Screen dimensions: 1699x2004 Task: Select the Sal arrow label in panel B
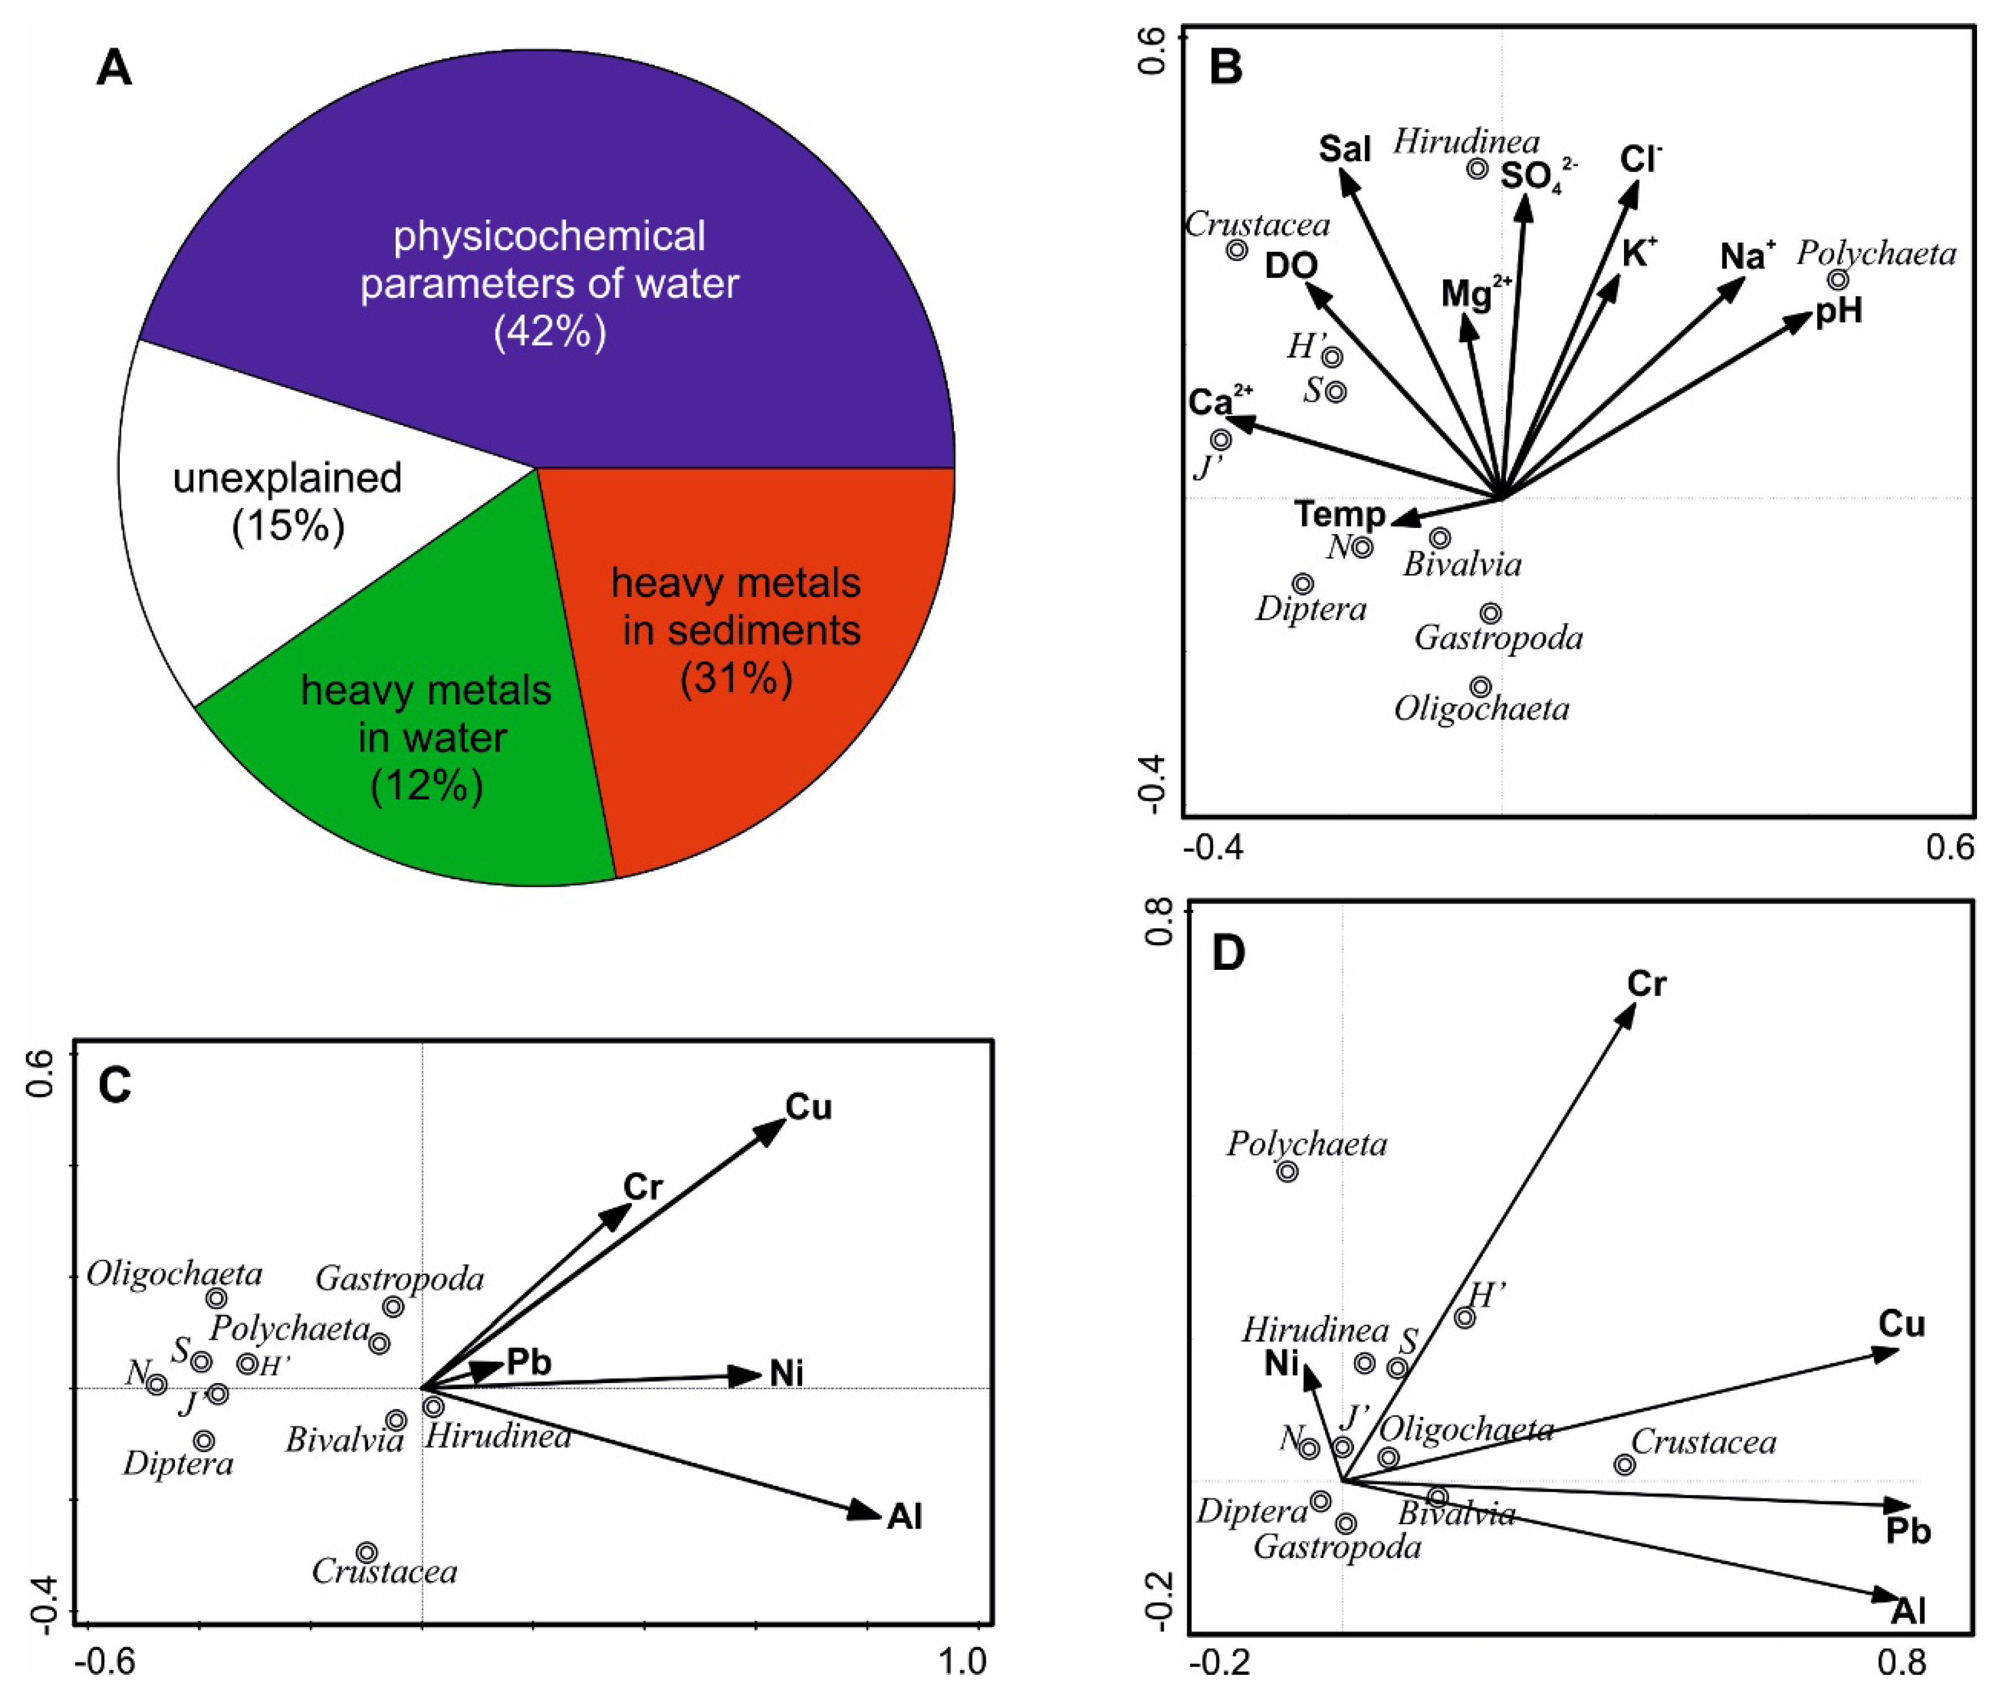[1345, 150]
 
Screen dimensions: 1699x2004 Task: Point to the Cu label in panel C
[808, 1108]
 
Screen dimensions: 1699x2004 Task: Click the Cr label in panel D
[1646, 984]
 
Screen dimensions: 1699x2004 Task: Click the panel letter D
[1228, 954]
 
